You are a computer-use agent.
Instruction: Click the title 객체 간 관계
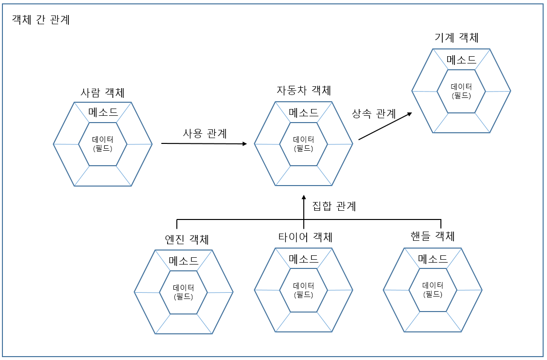click(x=41, y=20)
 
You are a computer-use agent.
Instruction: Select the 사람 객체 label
click(x=103, y=92)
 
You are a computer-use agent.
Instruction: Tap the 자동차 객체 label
click(x=304, y=90)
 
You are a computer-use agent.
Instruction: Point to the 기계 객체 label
click(x=456, y=38)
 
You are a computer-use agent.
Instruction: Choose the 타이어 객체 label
click(x=305, y=237)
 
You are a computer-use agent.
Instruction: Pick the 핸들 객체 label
click(x=432, y=236)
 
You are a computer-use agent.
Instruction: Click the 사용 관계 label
click(x=205, y=133)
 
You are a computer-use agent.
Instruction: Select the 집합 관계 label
click(x=334, y=206)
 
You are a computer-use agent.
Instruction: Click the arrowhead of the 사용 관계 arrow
click(x=244, y=144)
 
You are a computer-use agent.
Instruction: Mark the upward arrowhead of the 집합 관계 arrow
click(x=304, y=197)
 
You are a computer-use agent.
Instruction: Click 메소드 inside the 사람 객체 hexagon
click(x=103, y=112)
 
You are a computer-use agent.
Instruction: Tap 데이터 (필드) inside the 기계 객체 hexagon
click(x=461, y=91)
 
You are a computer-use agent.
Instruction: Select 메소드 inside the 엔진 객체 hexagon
click(x=184, y=260)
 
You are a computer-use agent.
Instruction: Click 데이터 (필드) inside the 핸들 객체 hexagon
click(x=433, y=289)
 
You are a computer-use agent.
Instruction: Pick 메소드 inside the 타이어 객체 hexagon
click(x=304, y=259)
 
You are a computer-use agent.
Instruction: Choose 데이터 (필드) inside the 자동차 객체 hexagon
click(x=304, y=144)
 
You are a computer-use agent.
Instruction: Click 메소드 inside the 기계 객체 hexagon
click(x=461, y=60)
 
